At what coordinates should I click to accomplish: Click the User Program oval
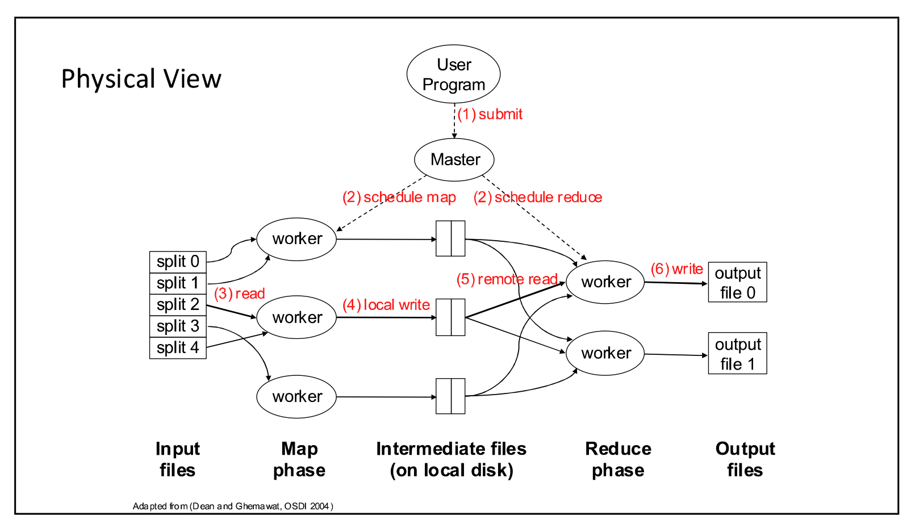453,74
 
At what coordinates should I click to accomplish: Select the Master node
454,160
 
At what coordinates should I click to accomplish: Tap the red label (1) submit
490,114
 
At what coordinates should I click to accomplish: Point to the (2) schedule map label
399,197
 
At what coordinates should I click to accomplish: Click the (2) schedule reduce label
537,197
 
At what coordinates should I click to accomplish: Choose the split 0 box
178,262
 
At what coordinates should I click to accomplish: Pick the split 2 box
178,305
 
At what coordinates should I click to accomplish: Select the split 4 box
178,347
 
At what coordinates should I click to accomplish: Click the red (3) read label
239,294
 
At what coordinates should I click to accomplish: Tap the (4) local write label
386,305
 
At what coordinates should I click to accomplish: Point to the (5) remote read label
507,279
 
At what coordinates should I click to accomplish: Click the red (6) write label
676,269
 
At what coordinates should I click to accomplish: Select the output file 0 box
737,282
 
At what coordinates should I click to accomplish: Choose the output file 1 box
737,353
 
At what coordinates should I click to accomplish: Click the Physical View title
141,79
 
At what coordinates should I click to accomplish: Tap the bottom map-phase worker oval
296,396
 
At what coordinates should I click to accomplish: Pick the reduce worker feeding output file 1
605,353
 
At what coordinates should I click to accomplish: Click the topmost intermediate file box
450,238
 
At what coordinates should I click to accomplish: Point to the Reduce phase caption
618,459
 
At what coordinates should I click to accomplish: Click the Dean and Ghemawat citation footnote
233,506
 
